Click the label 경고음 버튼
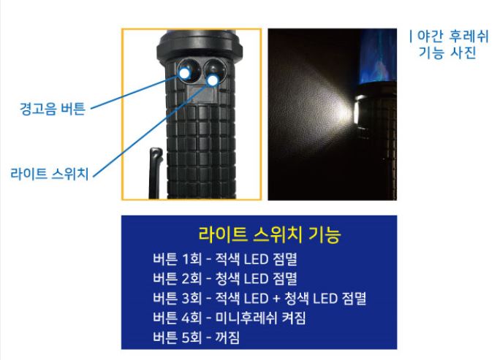point(53,109)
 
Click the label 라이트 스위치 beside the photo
point(50,174)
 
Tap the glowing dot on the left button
point(184,74)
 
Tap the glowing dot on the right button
point(213,80)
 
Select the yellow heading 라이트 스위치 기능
point(270,234)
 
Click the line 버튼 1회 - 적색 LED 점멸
point(224,259)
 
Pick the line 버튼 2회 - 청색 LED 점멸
point(224,278)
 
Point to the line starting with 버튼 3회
point(259,298)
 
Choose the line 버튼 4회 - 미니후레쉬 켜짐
point(229,318)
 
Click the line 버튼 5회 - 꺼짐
point(196,337)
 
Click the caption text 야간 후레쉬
point(453,36)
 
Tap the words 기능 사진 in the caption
point(447,53)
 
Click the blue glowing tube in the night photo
point(378,56)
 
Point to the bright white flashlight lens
point(355,112)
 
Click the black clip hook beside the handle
point(155,172)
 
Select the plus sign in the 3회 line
point(276,299)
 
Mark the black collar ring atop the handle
point(200,47)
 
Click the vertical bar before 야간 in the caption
point(411,36)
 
